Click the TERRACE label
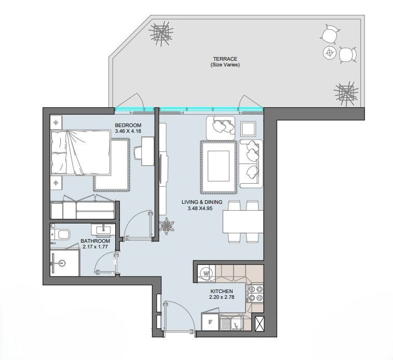[225, 59]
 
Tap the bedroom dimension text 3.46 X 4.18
[128, 131]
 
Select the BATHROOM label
[95, 241]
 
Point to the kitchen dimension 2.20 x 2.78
[222, 297]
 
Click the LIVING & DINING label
[202, 202]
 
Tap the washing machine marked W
[206, 273]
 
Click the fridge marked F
[211, 322]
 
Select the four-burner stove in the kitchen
[255, 294]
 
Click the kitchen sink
[232, 323]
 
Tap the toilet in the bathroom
[60, 234]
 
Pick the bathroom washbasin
[103, 230]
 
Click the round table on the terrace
[330, 53]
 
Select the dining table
[243, 221]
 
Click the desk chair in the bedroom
[138, 153]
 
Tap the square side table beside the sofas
[248, 129]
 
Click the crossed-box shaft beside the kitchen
[260, 324]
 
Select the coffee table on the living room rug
[219, 166]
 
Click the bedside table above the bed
[56, 122]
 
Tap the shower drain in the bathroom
[61, 263]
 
